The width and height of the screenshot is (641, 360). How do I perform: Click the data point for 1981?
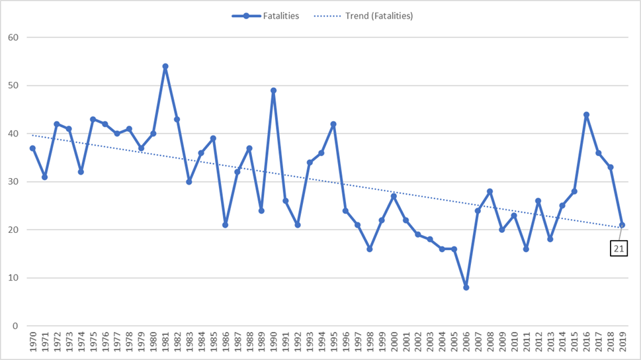pos(165,66)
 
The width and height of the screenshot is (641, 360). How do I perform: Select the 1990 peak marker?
pos(273,91)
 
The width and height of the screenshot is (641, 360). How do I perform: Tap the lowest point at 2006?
pos(466,287)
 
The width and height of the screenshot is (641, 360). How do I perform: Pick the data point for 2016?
pos(586,114)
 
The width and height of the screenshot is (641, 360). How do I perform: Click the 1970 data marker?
pos(32,148)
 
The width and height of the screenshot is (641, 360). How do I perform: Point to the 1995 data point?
pos(333,124)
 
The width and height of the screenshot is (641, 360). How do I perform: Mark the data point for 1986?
pos(226,225)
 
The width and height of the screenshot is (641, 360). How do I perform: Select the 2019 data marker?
pos(622,225)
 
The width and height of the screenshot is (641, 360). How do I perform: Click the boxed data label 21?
pos(619,249)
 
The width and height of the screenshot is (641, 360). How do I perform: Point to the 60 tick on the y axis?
pos(13,38)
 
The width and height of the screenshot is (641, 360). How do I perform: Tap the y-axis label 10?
pos(13,278)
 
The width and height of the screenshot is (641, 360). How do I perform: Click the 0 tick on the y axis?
pos(15,326)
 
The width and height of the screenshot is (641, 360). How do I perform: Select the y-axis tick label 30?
pos(13,182)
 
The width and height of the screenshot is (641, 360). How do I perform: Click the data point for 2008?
pos(490,191)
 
